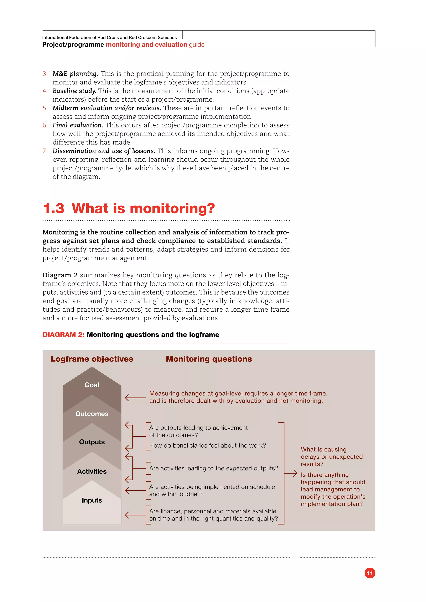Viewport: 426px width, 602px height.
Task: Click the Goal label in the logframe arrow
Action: [x=92, y=385]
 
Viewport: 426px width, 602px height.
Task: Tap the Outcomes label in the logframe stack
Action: [x=92, y=414]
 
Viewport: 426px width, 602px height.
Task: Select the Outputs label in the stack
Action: [x=92, y=442]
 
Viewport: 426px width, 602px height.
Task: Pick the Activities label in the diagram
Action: [x=92, y=471]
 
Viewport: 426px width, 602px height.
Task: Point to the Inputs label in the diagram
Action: [x=92, y=500]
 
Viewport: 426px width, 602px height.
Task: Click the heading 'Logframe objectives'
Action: [x=92, y=359]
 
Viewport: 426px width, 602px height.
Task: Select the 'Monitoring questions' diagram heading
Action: [x=209, y=359]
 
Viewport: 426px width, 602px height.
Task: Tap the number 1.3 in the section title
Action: [x=54, y=209]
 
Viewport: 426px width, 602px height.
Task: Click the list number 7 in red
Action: [x=45, y=151]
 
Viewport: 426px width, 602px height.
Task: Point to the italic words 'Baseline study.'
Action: [x=74, y=91]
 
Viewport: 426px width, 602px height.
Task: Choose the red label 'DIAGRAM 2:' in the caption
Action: [x=63, y=335]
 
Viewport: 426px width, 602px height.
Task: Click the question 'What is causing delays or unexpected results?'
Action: [x=332, y=457]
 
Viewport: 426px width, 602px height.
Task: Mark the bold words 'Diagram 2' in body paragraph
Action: [x=60, y=275]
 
